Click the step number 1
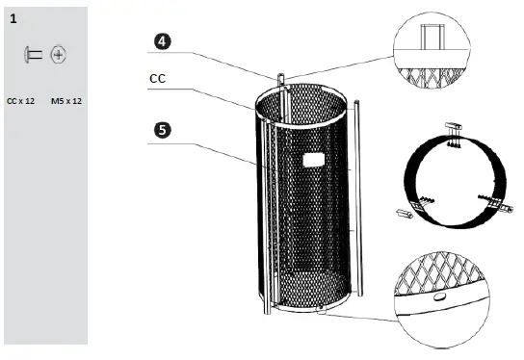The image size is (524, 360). [x=13, y=18]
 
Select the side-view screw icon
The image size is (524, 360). [x=33, y=55]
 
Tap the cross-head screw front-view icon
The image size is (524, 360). [x=59, y=55]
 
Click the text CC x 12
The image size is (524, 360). [x=20, y=99]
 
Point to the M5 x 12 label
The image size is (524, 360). [x=65, y=99]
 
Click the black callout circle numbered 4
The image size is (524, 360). [x=162, y=40]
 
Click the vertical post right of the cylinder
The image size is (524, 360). [x=358, y=193]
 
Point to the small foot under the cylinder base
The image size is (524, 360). [x=321, y=311]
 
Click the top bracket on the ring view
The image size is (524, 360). [x=455, y=129]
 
